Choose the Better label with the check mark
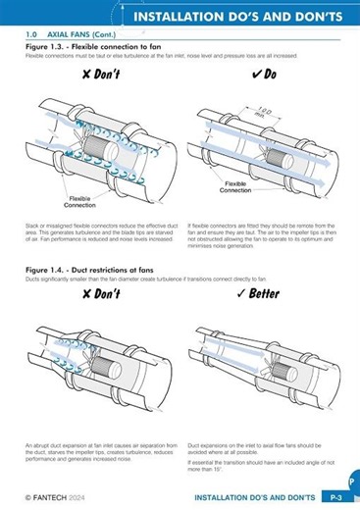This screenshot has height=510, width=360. point(258,293)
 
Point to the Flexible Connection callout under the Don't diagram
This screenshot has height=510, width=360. point(79,203)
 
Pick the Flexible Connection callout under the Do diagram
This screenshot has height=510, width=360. point(236,185)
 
